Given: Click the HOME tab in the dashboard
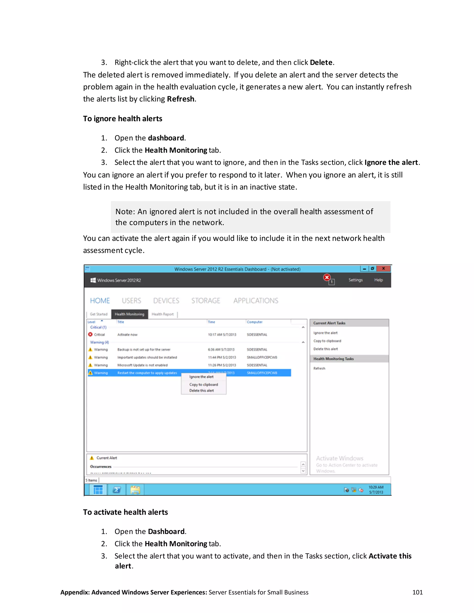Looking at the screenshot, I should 100,301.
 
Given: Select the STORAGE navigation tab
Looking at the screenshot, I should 206,301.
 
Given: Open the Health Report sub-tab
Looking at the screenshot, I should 162,314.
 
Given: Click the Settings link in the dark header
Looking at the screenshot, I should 355,280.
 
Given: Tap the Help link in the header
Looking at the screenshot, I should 378,280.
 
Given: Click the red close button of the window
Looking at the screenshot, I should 383,269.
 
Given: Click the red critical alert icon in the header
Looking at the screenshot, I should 327,278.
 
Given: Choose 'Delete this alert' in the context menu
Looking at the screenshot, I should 201,390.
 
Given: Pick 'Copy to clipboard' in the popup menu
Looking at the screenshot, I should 203,384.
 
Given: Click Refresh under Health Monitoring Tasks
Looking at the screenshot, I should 319,368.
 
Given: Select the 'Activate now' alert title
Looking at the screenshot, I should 127,334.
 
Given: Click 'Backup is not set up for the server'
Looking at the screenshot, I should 144,350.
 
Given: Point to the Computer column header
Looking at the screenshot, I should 254,322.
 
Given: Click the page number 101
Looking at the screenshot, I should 417,592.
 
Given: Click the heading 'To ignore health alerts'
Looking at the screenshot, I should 122,118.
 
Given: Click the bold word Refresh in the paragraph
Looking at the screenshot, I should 181,99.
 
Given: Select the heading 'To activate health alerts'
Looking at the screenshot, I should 125,512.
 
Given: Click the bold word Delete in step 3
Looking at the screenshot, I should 321,62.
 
